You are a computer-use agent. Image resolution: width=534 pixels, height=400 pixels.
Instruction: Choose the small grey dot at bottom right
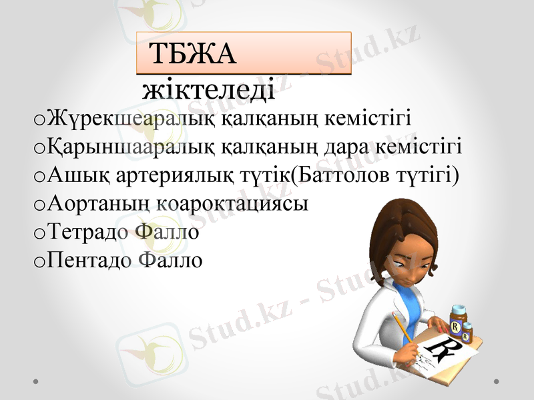pos(496,381)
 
